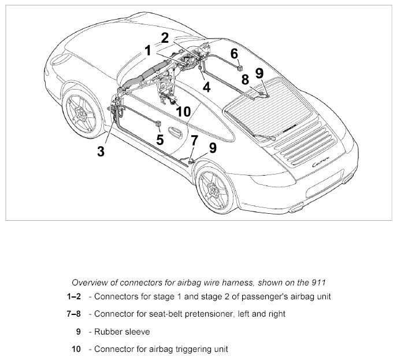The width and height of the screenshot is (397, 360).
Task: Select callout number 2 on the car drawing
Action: (x=165, y=38)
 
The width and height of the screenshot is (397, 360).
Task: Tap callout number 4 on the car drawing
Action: (x=206, y=87)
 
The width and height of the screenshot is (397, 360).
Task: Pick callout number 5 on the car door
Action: (x=159, y=139)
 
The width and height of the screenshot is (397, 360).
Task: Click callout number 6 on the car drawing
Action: (x=234, y=53)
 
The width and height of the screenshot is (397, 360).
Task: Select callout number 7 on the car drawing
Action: (x=195, y=140)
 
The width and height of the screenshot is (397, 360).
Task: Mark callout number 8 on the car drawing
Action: (x=245, y=79)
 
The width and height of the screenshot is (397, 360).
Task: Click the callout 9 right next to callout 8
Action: (x=259, y=73)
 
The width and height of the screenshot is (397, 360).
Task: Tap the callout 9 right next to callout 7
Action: (x=213, y=147)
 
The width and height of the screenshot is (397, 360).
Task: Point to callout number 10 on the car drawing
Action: (x=183, y=111)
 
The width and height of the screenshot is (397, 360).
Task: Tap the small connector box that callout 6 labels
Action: (x=239, y=68)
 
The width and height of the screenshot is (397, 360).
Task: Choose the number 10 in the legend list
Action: (x=77, y=349)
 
